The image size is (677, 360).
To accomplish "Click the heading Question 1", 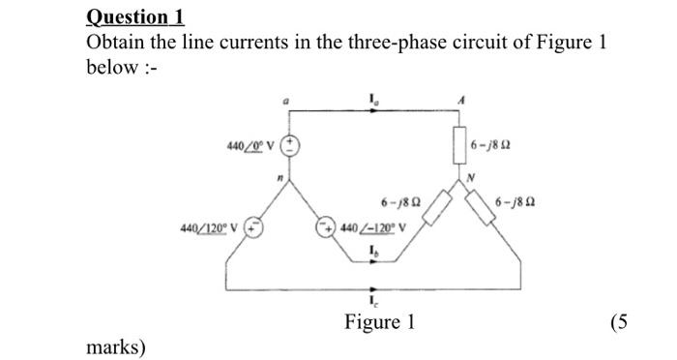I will [x=134, y=16].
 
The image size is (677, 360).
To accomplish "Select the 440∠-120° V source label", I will [x=371, y=228].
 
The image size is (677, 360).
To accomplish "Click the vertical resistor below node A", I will [x=462, y=145].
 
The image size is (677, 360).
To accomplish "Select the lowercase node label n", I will [x=277, y=176].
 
